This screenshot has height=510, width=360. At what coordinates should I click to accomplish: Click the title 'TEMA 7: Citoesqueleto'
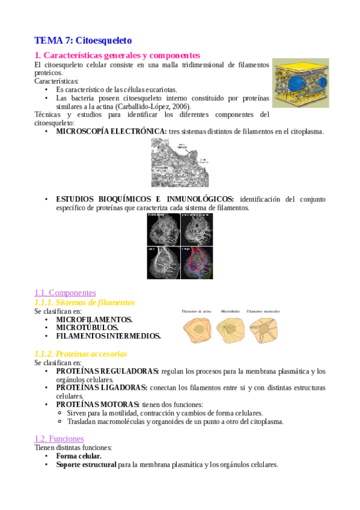click(83, 41)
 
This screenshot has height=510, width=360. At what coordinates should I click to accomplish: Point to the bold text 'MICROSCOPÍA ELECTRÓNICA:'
click(111, 131)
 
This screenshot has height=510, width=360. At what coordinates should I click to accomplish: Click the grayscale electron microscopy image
click(180, 163)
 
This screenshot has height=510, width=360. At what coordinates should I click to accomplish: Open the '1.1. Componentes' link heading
click(66, 292)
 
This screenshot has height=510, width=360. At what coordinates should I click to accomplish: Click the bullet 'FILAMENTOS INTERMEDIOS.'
click(108, 336)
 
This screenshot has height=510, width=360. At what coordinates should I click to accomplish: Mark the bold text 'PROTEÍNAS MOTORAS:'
click(97, 405)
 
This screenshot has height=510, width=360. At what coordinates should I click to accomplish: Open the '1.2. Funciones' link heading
click(59, 439)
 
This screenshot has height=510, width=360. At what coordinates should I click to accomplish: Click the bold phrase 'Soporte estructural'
click(86, 465)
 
